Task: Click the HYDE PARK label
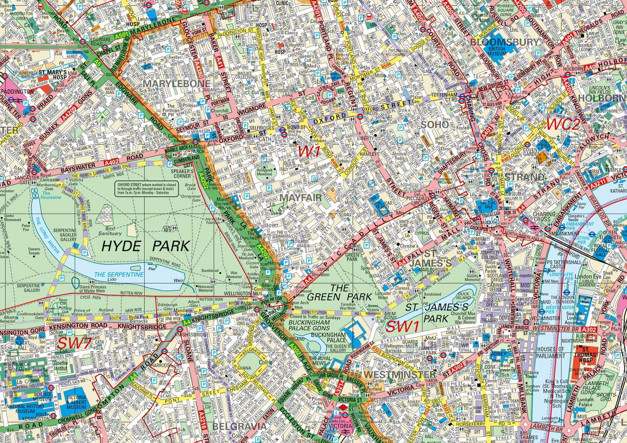point(145,246)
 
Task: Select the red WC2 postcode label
point(563,124)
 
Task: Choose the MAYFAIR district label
point(301,197)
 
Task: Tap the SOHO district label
point(435,125)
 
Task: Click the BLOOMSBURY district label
point(505,42)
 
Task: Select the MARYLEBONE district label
point(176,84)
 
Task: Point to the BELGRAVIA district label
point(239,426)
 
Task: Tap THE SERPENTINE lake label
point(119,275)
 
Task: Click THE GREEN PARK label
point(339,292)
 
